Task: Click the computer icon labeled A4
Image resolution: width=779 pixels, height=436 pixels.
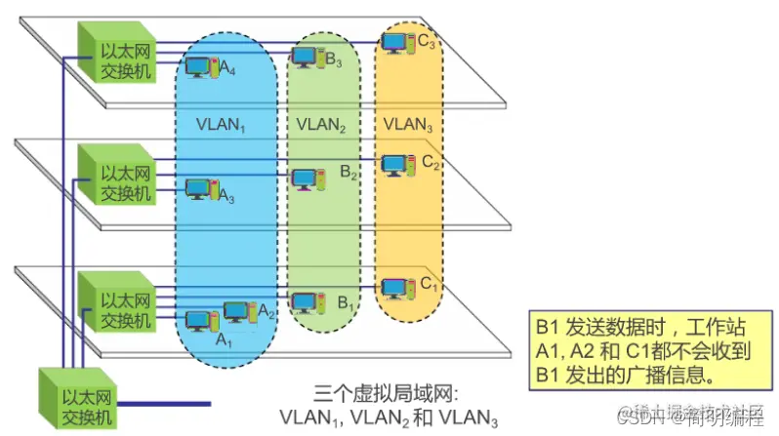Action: click(x=202, y=67)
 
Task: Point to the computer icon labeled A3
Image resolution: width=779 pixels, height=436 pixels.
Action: click(x=202, y=189)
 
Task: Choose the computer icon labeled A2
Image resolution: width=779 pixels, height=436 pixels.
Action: click(x=239, y=311)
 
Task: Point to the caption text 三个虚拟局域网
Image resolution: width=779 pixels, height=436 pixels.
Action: click(x=390, y=395)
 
